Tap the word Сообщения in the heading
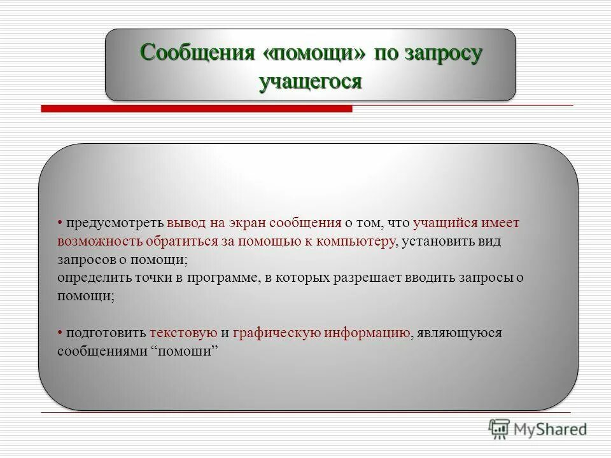196,53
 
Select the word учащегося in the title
311,82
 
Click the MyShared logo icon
499,429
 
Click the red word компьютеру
353,242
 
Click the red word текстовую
184,333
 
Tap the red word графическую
277,333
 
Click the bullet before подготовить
59,333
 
